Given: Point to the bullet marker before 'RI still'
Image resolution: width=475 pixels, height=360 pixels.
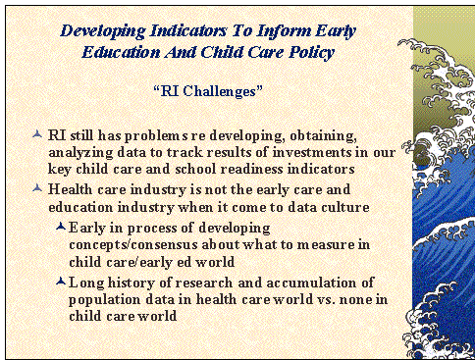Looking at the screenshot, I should [x=37, y=132].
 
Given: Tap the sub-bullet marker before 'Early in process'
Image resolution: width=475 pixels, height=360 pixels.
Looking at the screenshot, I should [x=61, y=227].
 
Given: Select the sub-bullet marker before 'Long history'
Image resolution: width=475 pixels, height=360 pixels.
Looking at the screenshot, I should [x=61, y=283].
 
